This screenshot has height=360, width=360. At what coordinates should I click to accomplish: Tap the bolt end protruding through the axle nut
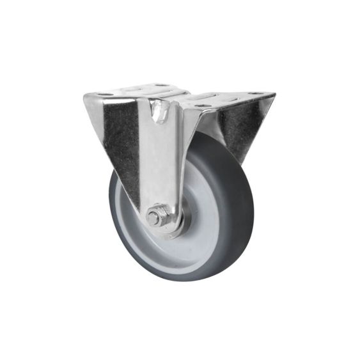tap(153, 218)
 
